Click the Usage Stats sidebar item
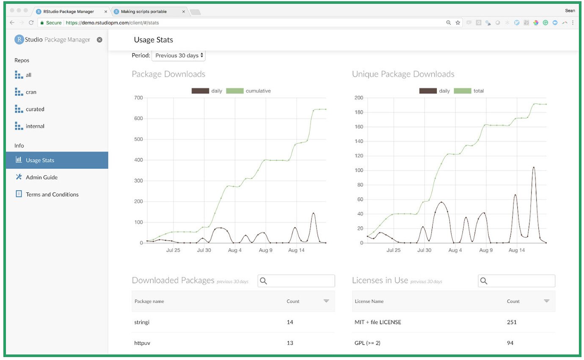[40, 161]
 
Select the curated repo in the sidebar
[35, 109]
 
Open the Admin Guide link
[41, 177]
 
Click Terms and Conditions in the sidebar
[52, 194]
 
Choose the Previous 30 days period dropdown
[178, 55]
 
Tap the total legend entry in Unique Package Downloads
[479, 91]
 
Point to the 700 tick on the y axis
[138, 98]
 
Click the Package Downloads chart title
[168, 74]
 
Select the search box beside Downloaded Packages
[296, 281]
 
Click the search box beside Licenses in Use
[516, 281]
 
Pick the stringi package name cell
[142, 322]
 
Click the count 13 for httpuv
[290, 343]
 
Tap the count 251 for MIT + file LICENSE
[512, 322]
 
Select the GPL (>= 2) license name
[367, 343]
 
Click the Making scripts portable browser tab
[143, 11]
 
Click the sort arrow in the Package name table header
[326, 301]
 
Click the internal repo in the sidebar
[35, 126]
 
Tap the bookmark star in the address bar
[458, 23]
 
